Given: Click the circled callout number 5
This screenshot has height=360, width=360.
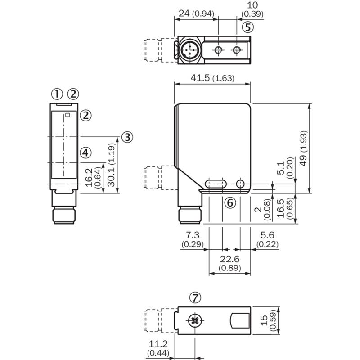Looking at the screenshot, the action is tap(248, 27).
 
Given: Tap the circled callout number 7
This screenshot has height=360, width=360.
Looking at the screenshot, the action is tap(195, 298).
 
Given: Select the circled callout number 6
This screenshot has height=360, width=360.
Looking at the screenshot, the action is tap(230, 203).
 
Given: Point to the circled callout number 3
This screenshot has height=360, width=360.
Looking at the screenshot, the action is tap(127, 137).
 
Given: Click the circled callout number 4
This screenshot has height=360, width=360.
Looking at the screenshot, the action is tap(85, 153).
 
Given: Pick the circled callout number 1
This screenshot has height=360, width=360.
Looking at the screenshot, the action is tap(57, 94).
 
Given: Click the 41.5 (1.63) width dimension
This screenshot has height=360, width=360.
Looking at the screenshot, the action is tap(212, 78).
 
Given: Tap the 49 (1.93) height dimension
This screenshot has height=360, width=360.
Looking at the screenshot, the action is tap(303, 148).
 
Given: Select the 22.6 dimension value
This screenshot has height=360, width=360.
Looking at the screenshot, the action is tap(230, 259).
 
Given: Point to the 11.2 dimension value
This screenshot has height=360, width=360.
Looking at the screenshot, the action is tap(158, 344).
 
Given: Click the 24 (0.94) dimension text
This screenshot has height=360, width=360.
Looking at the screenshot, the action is tap(196, 13).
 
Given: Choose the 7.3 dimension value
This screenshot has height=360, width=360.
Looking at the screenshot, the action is tap(193, 235).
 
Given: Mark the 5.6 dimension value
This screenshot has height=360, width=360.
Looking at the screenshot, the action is tap(267, 235).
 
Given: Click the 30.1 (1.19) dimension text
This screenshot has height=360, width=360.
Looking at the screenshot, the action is tap(111, 165).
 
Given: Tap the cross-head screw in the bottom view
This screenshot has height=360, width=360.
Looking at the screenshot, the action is tap(195, 320).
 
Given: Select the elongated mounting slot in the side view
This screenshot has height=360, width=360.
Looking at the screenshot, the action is tap(216, 184).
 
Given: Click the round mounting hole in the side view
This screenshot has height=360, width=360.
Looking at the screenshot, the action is tap(240, 184).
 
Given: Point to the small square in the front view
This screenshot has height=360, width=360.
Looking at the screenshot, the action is tap(67, 115).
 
